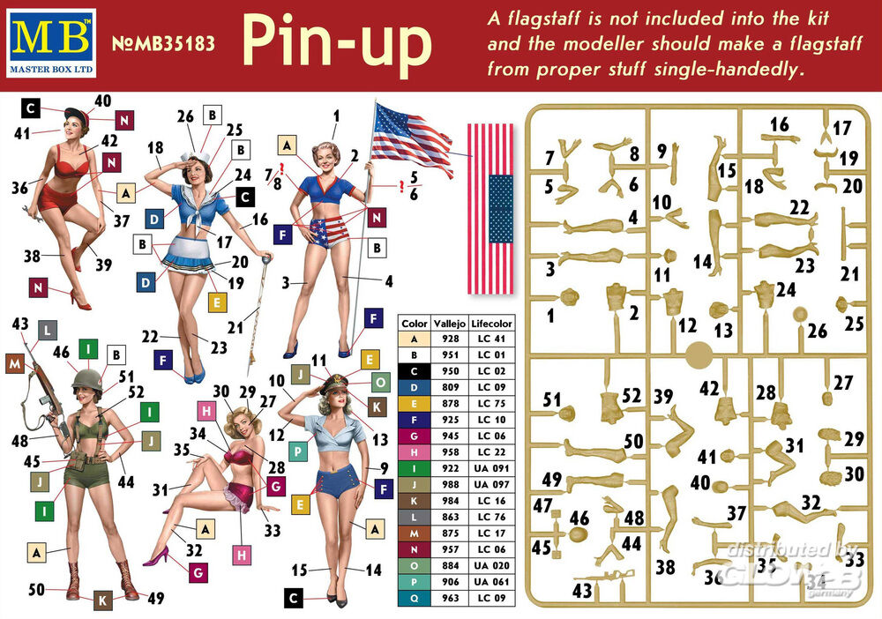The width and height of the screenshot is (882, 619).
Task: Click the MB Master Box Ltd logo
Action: pyautogui.click(x=52, y=43)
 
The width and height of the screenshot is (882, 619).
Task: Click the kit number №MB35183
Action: pyautogui.click(x=164, y=44)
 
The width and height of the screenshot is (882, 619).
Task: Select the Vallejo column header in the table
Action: pyautogui.click(x=450, y=324)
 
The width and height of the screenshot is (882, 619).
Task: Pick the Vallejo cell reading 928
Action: pyautogui.click(x=450, y=339)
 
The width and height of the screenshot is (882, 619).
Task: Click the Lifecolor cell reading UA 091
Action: pyautogui.click(x=491, y=467)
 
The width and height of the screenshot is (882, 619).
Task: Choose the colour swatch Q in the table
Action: pyautogui.click(x=414, y=598)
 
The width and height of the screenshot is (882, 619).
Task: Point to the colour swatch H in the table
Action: pyautogui.click(x=414, y=452)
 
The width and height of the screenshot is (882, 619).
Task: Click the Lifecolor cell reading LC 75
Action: pyautogui.click(x=491, y=403)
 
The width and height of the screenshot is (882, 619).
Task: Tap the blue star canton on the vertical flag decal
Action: pyautogui.click(x=500, y=208)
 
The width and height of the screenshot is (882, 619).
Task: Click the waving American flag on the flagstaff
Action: pyautogui.click(x=412, y=138)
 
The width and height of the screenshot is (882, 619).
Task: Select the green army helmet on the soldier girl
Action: pyautogui.click(x=87, y=379)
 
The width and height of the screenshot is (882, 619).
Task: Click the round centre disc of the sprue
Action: pyautogui.click(x=699, y=355)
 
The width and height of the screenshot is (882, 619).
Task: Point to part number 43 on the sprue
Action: pyautogui.click(x=582, y=590)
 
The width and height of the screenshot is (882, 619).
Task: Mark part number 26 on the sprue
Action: pyautogui.click(x=818, y=331)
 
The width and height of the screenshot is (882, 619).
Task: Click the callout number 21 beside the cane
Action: pyautogui.click(x=235, y=327)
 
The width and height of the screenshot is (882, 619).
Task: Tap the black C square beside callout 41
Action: pyautogui.click(x=31, y=108)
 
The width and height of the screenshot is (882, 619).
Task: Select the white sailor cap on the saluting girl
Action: pyautogui.click(x=197, y=156)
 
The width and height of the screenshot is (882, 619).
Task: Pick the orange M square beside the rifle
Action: pyautogui.click(x=15, y=364)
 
